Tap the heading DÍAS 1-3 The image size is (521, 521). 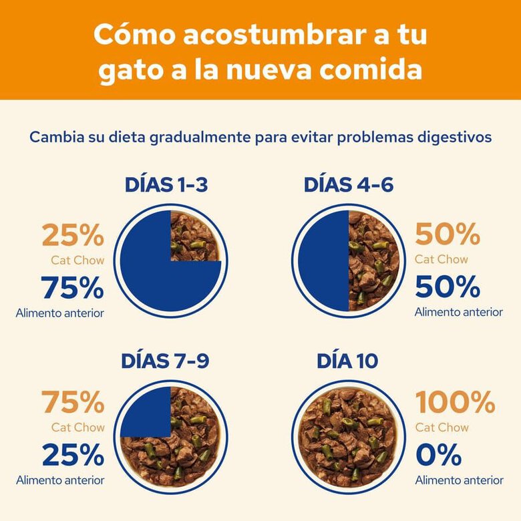[166, 185]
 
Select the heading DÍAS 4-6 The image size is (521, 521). [348, 185]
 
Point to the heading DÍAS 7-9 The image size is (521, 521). [165, 361]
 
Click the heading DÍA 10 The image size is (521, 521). [347, 361]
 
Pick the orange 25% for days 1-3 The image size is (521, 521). [73, 235]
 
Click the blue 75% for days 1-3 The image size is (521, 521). [73, 288]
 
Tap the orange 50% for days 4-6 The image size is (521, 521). [448, 234]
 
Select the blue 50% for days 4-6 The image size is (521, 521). [448, 287]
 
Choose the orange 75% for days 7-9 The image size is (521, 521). [73, 403]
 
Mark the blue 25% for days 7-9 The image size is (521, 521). [73, 456]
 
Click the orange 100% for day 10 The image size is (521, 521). [456, 403]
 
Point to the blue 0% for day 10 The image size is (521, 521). [439, 456]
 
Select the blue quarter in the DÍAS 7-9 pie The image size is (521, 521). [146, 412]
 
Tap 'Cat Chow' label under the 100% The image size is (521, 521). [442, 427]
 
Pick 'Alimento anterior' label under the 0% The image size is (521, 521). [459, 480]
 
